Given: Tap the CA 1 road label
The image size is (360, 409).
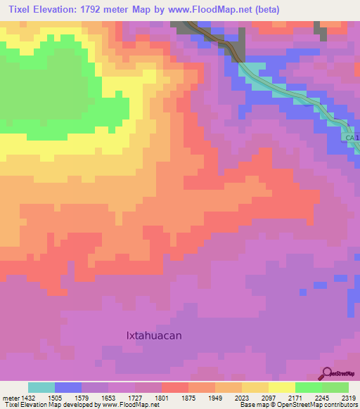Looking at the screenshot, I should click(x=352, y=138).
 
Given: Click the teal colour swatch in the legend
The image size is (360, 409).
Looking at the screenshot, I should click(x=41, y=387).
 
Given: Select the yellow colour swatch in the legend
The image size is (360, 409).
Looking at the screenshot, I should click(x=282, y=387).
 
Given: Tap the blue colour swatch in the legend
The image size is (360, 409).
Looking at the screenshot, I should click(x=68, y=387).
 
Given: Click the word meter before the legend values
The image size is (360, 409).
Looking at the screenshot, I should click(x=11, y=397).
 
